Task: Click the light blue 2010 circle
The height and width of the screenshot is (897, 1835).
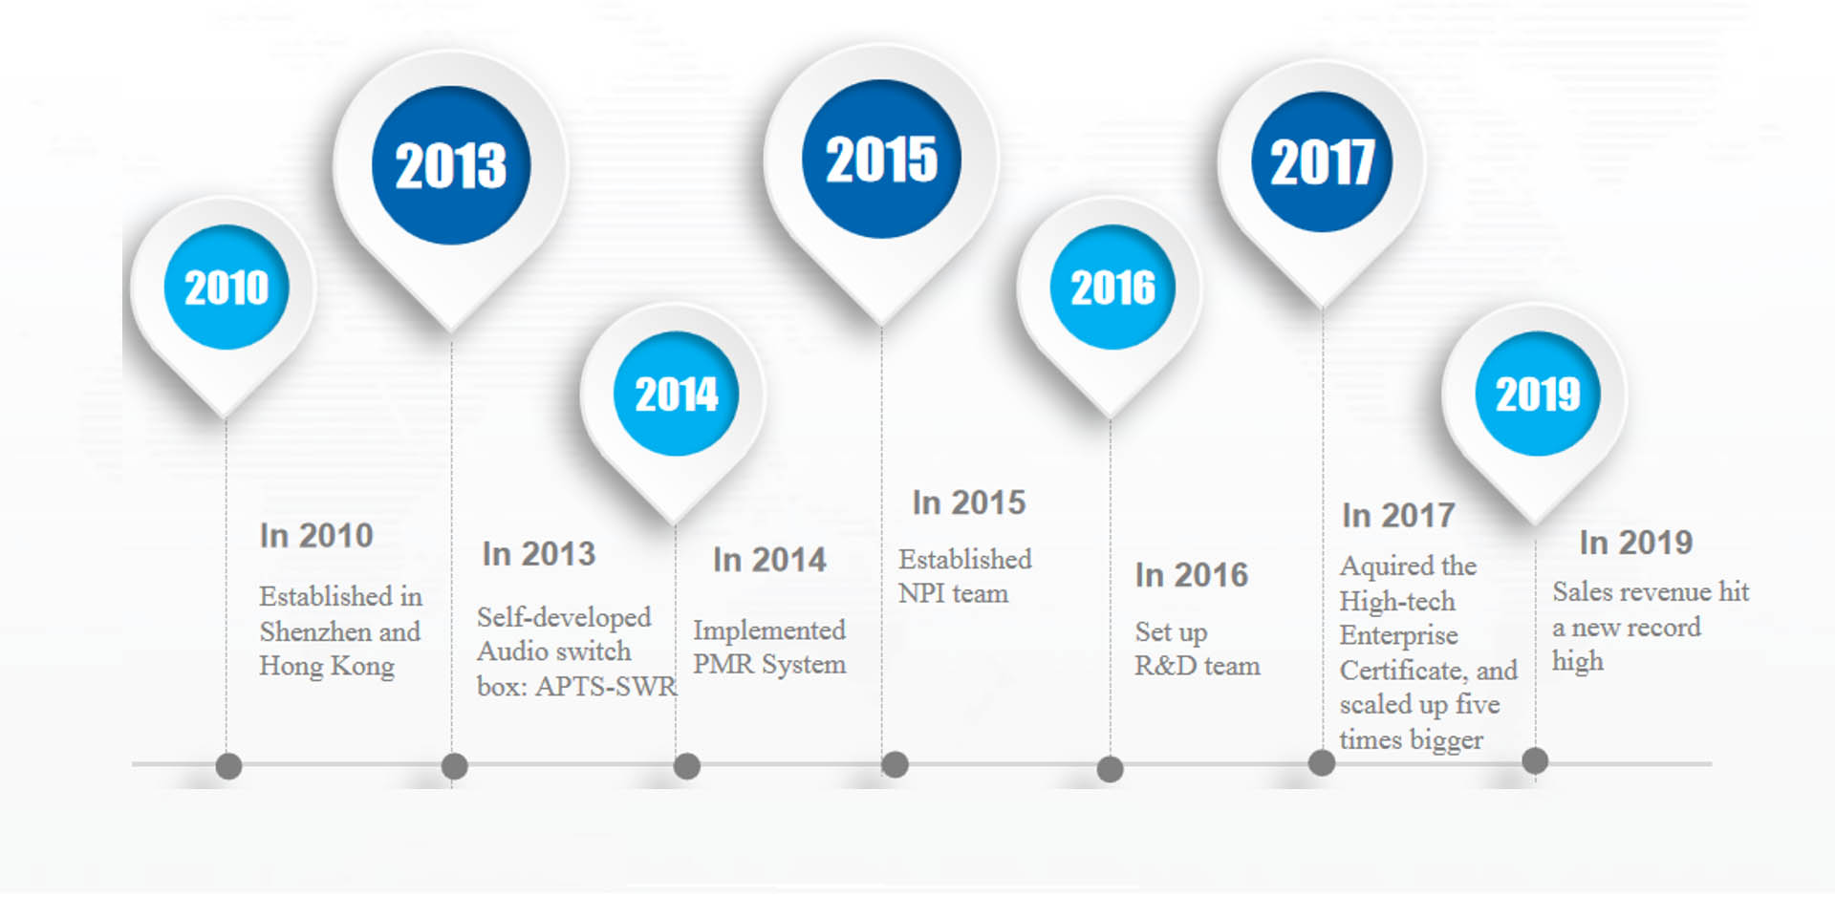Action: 227,288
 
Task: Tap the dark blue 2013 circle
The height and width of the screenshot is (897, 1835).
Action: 451,165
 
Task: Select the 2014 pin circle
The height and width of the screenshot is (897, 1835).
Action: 676,394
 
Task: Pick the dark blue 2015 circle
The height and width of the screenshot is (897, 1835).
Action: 881,159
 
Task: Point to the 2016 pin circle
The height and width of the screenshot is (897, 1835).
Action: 1112,288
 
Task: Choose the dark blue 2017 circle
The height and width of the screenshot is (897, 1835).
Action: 1322,161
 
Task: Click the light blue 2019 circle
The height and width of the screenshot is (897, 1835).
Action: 1538,394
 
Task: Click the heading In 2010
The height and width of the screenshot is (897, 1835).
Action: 316,536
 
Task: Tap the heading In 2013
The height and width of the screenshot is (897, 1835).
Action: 539,554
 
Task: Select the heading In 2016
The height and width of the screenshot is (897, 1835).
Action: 1192,575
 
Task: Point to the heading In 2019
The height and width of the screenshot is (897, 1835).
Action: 1636,543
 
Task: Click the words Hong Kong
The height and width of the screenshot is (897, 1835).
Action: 327,667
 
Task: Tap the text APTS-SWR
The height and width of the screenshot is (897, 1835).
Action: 606,686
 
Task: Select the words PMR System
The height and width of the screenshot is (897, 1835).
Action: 769,664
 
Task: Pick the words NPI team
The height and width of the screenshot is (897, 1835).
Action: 953,593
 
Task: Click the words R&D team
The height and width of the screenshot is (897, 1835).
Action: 1198,666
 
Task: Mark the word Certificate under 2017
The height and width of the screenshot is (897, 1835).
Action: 1402,671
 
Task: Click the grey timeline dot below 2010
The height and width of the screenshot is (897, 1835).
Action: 228,766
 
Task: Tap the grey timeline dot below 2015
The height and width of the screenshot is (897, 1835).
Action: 895,764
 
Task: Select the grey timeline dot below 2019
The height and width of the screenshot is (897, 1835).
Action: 1535,761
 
